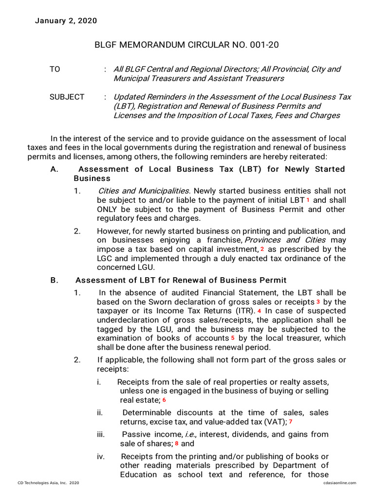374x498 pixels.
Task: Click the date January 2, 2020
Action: tap(66, 20)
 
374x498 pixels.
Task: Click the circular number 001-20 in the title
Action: tap(262, 45)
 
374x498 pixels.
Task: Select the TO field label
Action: tap(55, 69)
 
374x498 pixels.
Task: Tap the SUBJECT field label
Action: tap(67, 97)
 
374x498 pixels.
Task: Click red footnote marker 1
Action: tap(308, 200)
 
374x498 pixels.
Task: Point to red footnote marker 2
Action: tap(262, 249)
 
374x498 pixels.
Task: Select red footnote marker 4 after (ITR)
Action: tap(260, 311)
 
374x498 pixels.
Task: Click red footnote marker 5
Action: tap(233, 338)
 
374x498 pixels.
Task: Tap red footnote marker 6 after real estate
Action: tap(164, 400)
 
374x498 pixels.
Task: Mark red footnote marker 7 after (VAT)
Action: tap(290, 422)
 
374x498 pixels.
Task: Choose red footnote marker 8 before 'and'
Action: tap(176, 444)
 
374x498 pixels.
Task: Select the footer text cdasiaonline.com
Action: tap(339, 482)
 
